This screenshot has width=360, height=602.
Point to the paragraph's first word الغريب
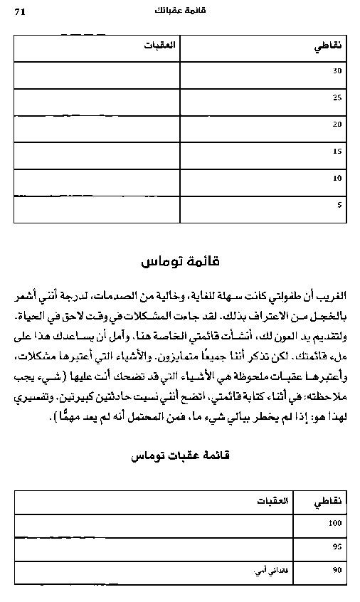coord(332,293)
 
